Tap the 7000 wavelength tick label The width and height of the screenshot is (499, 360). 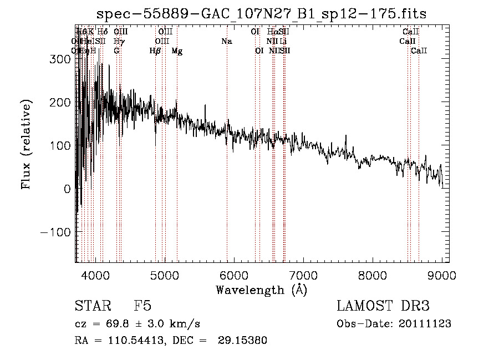click(x=303, y=276)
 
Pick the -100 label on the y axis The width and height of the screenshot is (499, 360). click(x=56, y=232)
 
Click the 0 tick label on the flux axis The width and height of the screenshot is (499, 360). click(x=67, y=189)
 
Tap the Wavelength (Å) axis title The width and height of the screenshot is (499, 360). click(x=261, y=290)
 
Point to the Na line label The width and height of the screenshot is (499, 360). click(x=226, y=42)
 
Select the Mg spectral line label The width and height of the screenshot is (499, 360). click(x=177, y=51)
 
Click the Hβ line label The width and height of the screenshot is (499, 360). click(x=155, y=51)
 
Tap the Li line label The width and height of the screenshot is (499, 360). click(x=283, y=42)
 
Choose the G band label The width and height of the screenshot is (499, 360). click(x=116, y=51)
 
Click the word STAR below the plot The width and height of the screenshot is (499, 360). click(x=91, y=306)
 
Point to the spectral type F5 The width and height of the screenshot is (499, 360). click(x=142, y=306)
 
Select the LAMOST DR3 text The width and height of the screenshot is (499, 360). click(x=383, y=306)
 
